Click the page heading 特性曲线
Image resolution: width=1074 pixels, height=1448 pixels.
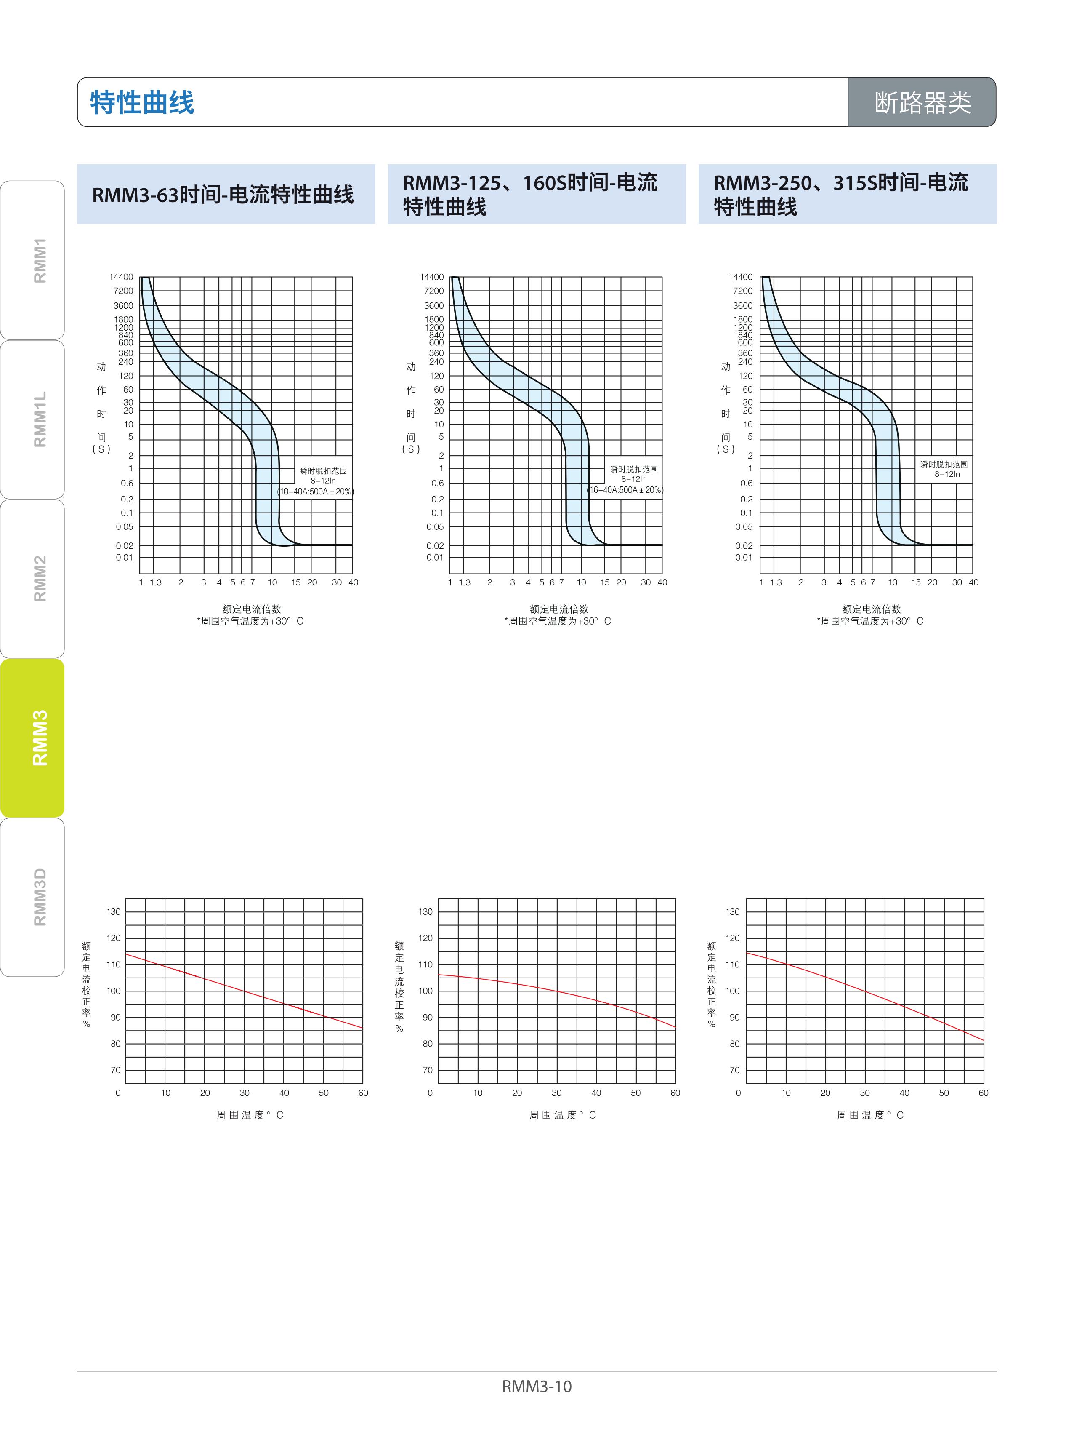[x=142, y=102]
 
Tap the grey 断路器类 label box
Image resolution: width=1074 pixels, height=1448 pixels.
[x=922, y=102]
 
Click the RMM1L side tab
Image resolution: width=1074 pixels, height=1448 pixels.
[x=39, y=419]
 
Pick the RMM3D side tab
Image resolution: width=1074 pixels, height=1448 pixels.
[x=39, y=896]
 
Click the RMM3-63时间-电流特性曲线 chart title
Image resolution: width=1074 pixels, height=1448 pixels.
[x=223, y=195]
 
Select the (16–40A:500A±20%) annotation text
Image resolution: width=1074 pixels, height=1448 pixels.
[x=625, y=490]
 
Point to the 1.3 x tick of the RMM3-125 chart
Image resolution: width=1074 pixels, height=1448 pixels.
[x=464, y=582]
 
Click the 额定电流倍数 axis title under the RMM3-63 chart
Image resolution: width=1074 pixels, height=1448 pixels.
[x=252, y=609]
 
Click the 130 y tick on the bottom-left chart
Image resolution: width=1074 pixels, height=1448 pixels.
[x=114, y=912]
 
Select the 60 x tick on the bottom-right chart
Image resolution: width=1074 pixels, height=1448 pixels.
[x=983, y=1093]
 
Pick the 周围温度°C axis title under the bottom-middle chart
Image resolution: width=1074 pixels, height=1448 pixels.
[x=562, y=1115]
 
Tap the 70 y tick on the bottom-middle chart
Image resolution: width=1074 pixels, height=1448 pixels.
[x=427, y=1070]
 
